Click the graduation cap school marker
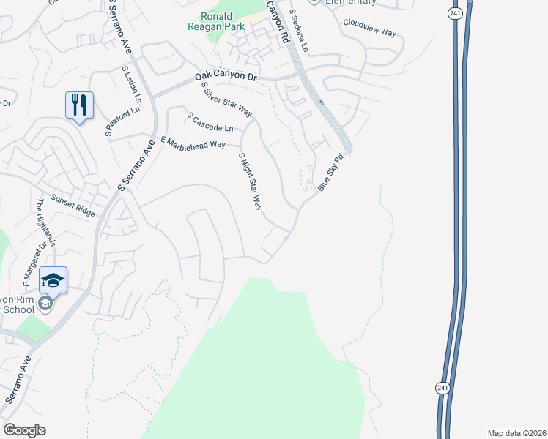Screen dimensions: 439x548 (53, 279)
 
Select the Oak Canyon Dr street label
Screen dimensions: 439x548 (227, 76)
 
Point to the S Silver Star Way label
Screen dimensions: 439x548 (226, 100)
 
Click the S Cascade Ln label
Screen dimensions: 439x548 (210, 122)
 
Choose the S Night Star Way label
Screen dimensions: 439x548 (251, 181)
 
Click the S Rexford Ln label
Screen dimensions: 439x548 (122, 123)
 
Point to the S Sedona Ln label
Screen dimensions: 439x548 (299, 30)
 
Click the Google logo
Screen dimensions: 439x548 (24, 430)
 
